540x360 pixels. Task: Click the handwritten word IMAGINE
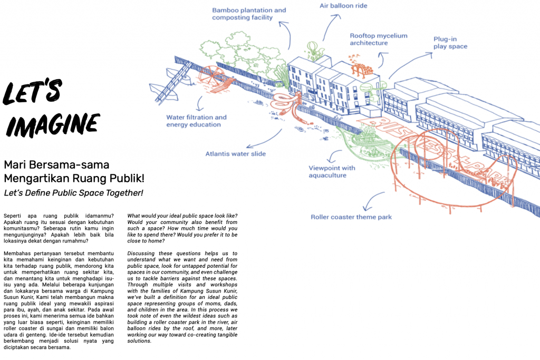pos(53,125)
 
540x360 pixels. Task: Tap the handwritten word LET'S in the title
pos(32,91)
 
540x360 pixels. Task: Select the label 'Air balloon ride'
pos(343,5)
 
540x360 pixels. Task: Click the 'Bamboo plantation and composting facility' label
pos(249,14)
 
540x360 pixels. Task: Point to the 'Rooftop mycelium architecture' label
pos(379,39)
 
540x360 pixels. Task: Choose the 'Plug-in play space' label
pos(450,43)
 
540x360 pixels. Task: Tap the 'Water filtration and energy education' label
pos(196,121)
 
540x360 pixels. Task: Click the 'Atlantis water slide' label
pos(236,154)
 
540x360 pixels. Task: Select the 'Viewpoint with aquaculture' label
pos(332,171)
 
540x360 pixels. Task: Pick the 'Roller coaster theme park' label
pos(351,217)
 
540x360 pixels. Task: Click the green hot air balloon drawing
pos(312,49)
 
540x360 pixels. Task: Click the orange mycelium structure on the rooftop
pos(360,66)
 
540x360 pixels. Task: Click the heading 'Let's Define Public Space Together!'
pos(73,193)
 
